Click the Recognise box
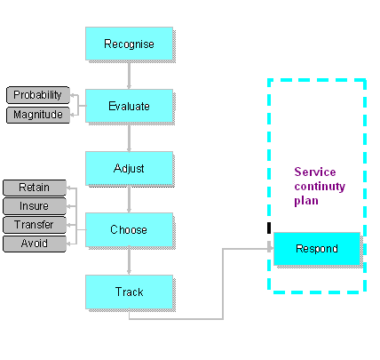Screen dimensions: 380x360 [x=130, y=44]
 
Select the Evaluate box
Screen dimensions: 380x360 [x=130, y=106]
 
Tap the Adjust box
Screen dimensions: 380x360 [x=130, y=168]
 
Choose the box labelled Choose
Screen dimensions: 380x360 [x=130, y=229]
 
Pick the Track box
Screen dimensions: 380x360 [x=130, y=292]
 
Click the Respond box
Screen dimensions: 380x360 [x=317, y=249]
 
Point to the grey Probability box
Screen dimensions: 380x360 [x=38, y=95]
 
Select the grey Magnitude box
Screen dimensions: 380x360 [x=38, y=115]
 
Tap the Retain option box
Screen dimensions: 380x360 [x=35, y=188]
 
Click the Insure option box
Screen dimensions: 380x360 [x=35, y=206]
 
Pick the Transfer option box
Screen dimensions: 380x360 [x=35, y=225]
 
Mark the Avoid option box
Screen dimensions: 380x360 [x=35, y=244]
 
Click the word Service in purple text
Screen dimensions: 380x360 [x=315, y=172]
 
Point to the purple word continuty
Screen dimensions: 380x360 [x=320, y=187]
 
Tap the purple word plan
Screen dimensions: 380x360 [x=306, y=201]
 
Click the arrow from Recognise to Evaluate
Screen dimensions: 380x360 [x=129, y=75]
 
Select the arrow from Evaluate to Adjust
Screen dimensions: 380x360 [x=129, y=137]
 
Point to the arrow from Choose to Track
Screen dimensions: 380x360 [x=129, y=260]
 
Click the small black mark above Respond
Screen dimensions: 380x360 [x=269, y=228]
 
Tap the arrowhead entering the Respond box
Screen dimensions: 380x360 [x=270, y=247]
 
